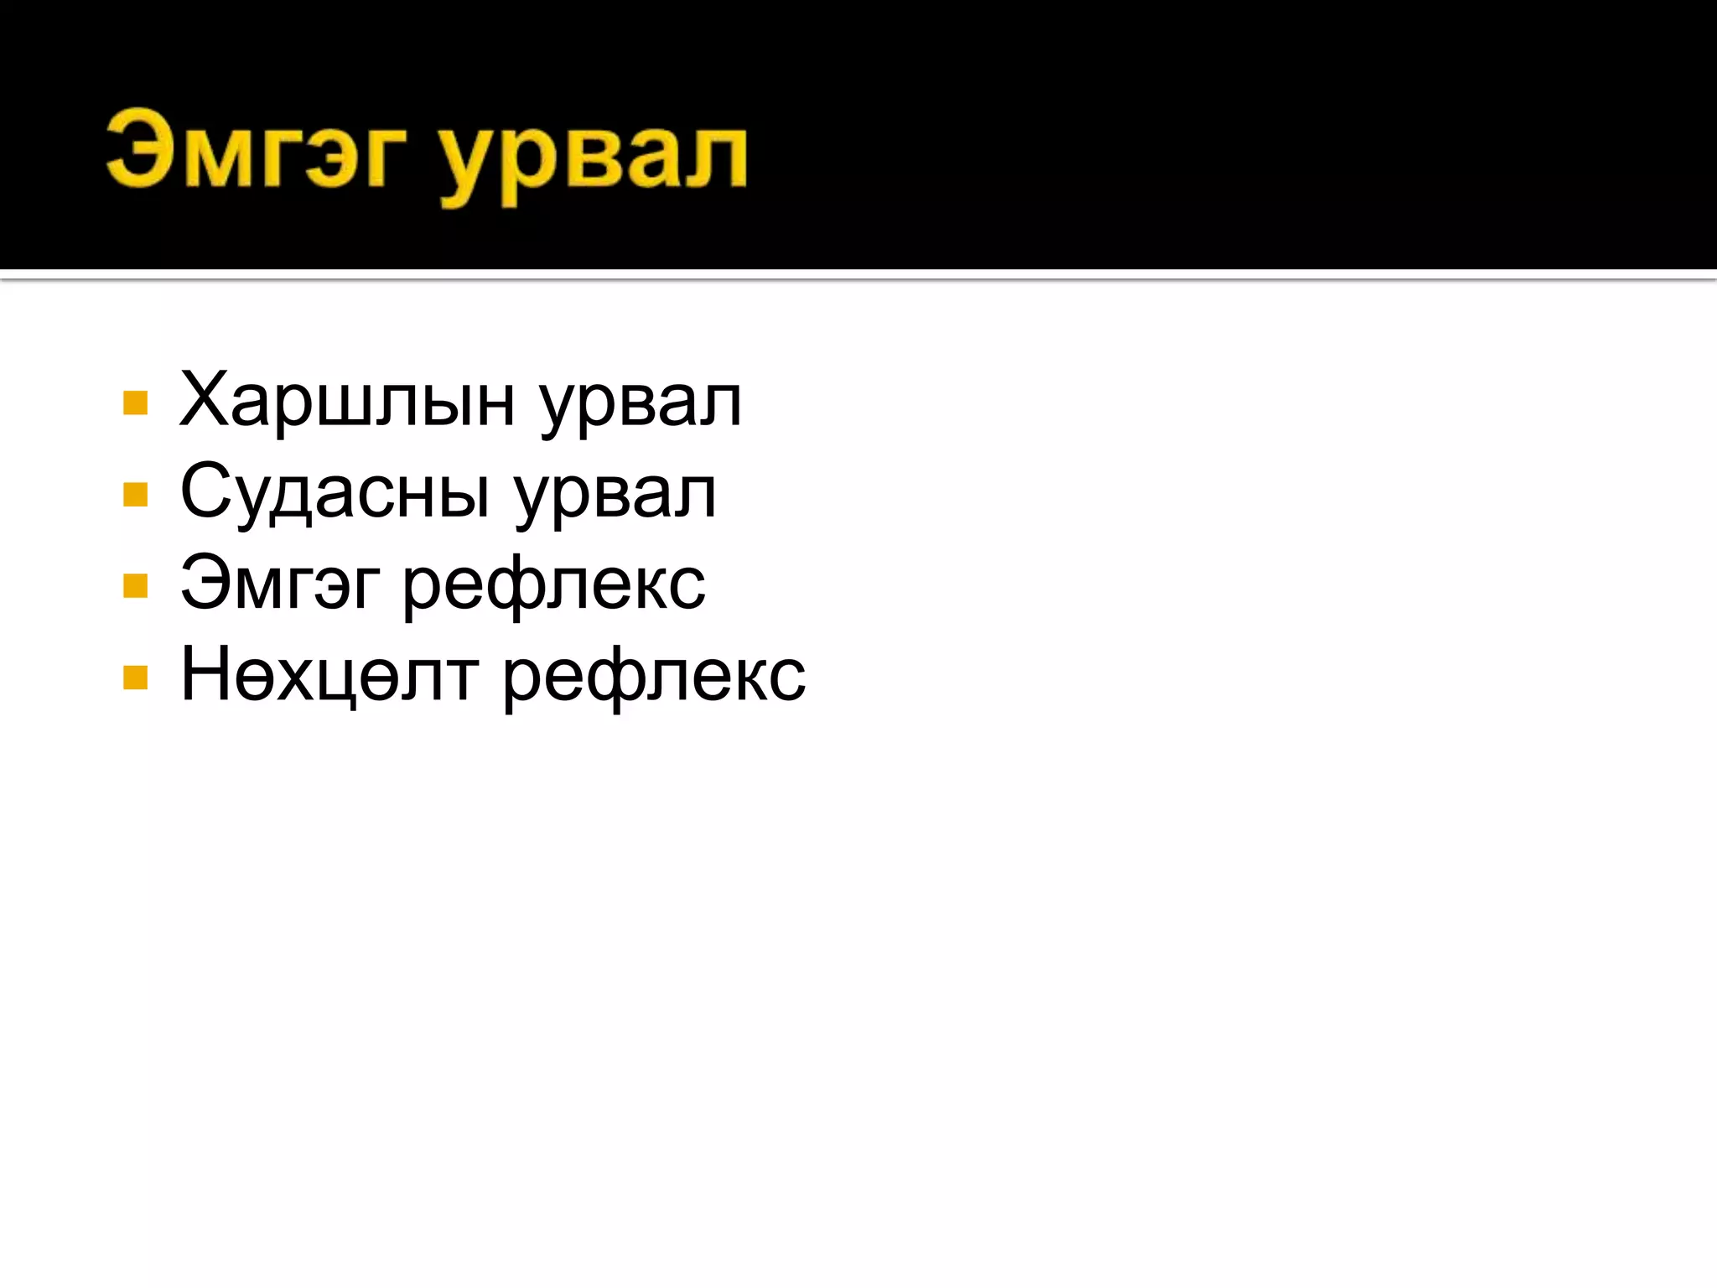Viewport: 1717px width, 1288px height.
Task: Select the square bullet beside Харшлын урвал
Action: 135,402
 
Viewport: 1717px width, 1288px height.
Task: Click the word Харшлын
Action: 347,402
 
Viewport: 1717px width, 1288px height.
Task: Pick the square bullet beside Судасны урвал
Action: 135,494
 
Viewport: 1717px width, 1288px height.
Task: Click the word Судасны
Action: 335,493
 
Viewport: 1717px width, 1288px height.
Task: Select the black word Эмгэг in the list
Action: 280,584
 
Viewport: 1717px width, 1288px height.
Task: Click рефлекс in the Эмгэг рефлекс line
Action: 554,586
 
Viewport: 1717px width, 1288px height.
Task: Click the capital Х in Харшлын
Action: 205,399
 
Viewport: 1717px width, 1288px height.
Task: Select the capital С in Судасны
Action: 205,491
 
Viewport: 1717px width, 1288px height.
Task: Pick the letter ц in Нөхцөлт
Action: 329,679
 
